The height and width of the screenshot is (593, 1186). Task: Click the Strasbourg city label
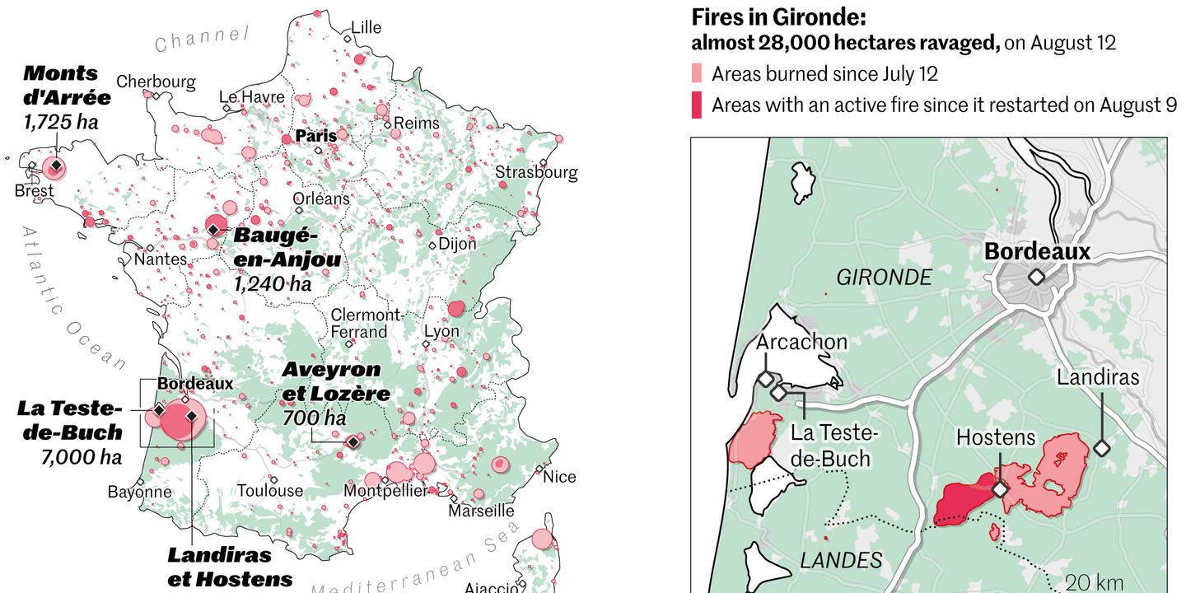pyautogui.click(x=536, y=173)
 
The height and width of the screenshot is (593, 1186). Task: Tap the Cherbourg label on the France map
pyautogui.click(x=156, y=82)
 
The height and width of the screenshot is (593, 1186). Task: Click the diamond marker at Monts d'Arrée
pyautogui.click(x=55, y=167)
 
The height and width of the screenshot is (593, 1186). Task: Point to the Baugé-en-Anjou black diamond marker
pyautogui.click(x=214, y=228)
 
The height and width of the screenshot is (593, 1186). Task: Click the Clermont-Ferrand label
pyautogui.click(x=366, y=324)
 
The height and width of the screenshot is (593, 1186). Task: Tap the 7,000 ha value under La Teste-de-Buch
pyautogui.click(x=82, y=457)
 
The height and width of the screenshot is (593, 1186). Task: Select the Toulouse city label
pyautogui.click(x=270, y=491)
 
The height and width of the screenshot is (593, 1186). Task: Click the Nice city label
pyautogui.click(x=559, y=477)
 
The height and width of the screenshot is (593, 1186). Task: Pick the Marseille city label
pyautogui.click(x=481, y=511)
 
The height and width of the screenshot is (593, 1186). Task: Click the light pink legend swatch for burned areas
pyautogui.click(x=697, y=74)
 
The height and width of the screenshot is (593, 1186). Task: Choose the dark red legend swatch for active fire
pyautogui.click(x=697, y=105)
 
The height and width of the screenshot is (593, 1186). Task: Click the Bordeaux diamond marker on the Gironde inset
pyautogui.click(x=1036, y=278)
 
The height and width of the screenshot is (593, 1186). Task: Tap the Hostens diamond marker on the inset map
pyautogui.click(x=1000, y=489)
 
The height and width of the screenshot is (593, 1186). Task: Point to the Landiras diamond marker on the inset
pyautogui.click(x=1101, y=449)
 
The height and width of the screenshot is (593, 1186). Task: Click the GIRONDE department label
pyautogui.click(x=884, y=278)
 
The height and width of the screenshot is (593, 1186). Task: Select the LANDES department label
pyautogui.click(x=841, y=561)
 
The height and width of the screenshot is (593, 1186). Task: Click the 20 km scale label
pyautogui.click(x=1094, y=582)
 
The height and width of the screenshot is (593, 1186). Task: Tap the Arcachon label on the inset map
pyautogui.click(x=801, y=341)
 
